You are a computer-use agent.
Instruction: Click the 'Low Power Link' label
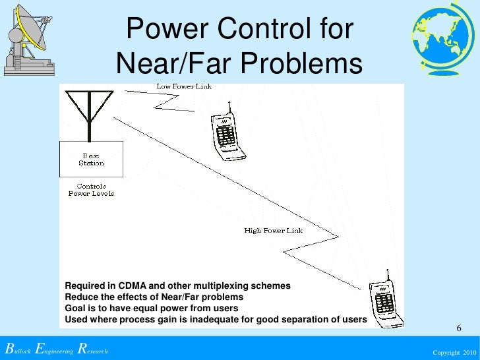tap(184, 86)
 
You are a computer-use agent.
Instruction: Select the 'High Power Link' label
tap(274, 231)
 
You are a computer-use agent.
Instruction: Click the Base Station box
tap(91, 159)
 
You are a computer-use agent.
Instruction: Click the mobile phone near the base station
tap(228, 133)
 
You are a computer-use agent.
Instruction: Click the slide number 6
tap(459, 329)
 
